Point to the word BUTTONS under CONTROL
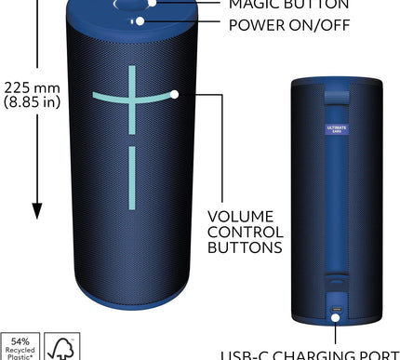pos(246,248)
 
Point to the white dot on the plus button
pos(173,94)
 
